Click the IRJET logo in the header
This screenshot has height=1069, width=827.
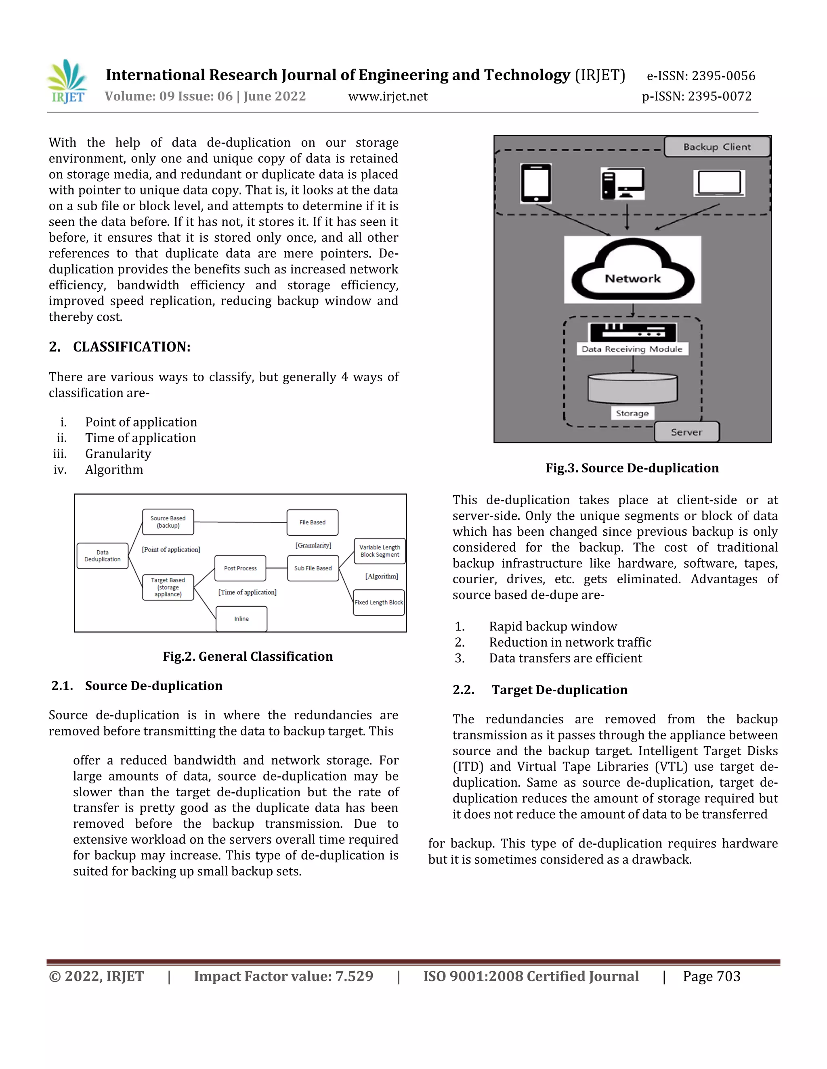(67, 82)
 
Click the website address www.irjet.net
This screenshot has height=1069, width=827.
(388, 96)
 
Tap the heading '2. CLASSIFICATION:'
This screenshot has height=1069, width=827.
(120, 347)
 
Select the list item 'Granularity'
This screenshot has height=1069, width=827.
(118, 454)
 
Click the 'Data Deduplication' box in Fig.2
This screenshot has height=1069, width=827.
(103, 555)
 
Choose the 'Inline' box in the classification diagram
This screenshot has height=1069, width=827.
(241, 619)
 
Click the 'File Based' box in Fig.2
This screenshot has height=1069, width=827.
(312, 522)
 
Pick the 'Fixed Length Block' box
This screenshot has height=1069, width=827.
(379, 603)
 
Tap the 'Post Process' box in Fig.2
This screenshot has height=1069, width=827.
(240, 568)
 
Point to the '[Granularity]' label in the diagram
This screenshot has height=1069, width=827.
(313, 545)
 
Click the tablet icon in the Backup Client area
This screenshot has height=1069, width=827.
(535, 183)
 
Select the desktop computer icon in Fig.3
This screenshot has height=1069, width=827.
(622, 184)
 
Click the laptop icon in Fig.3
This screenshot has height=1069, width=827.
(719, 183)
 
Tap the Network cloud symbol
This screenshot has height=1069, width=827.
(632, 270)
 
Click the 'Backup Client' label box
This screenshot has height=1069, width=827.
(717, 147)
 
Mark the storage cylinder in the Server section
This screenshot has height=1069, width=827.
(632, 388)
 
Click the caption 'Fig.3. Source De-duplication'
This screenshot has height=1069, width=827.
(632, 468)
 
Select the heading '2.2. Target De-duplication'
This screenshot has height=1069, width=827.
(539, 690)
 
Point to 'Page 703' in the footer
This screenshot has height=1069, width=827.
(712, 977)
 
